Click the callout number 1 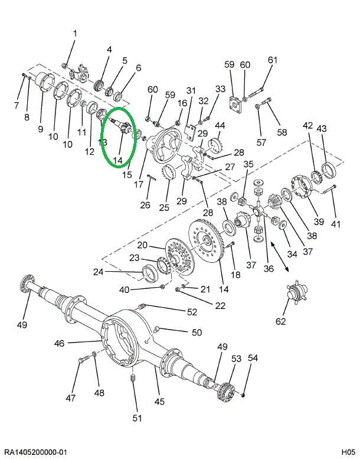[75, 33]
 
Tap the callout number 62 [280, 322]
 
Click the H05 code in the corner [346, 452]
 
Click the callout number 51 [136, 419]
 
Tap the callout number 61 [272, 60]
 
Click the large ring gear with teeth [207, 242]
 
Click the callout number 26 [145, 205]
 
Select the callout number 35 [248, 164]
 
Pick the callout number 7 [17, 105]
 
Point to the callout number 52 [192, 312]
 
